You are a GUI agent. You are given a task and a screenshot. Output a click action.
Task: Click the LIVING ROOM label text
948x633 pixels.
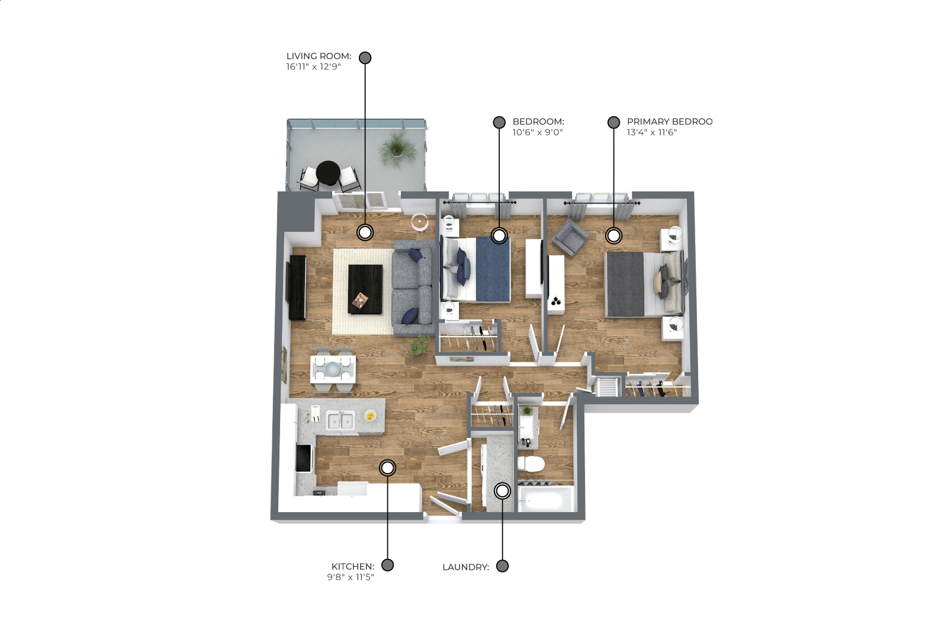pos(319,56)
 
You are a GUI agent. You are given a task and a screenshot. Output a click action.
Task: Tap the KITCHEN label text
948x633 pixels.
pos(352,567)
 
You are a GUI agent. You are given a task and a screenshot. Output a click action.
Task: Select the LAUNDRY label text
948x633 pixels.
pos(465,567)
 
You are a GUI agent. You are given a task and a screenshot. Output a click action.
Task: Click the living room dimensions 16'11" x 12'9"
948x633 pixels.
pos(313,66)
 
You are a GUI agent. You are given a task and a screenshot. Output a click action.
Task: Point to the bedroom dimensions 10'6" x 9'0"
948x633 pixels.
pos(538,132)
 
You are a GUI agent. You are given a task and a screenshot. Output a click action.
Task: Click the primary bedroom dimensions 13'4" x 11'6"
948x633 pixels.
pos(652,132)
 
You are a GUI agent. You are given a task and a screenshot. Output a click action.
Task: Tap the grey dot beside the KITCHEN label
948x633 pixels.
pos(388,565)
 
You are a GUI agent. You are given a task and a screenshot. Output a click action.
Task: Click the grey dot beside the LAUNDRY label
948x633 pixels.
pos(502,566)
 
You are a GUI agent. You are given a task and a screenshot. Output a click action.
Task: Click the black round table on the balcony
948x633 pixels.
pos(328,173)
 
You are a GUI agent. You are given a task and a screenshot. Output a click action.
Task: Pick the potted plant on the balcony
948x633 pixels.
pos(396,148)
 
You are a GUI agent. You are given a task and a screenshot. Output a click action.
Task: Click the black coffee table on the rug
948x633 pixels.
pos(365,289)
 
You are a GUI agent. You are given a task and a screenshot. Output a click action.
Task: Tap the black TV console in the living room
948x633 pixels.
pos(297,287)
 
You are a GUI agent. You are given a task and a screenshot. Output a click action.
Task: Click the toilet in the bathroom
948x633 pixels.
pos(531,465)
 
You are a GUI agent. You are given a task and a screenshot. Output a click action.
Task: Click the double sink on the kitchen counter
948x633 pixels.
pos(340,421)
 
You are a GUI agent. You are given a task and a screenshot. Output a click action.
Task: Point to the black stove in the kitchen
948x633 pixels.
pos(303,458)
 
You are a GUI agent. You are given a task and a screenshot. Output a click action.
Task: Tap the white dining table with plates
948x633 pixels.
pos(333,369)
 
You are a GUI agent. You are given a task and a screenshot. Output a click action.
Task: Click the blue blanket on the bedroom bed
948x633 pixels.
pos(493,269)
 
